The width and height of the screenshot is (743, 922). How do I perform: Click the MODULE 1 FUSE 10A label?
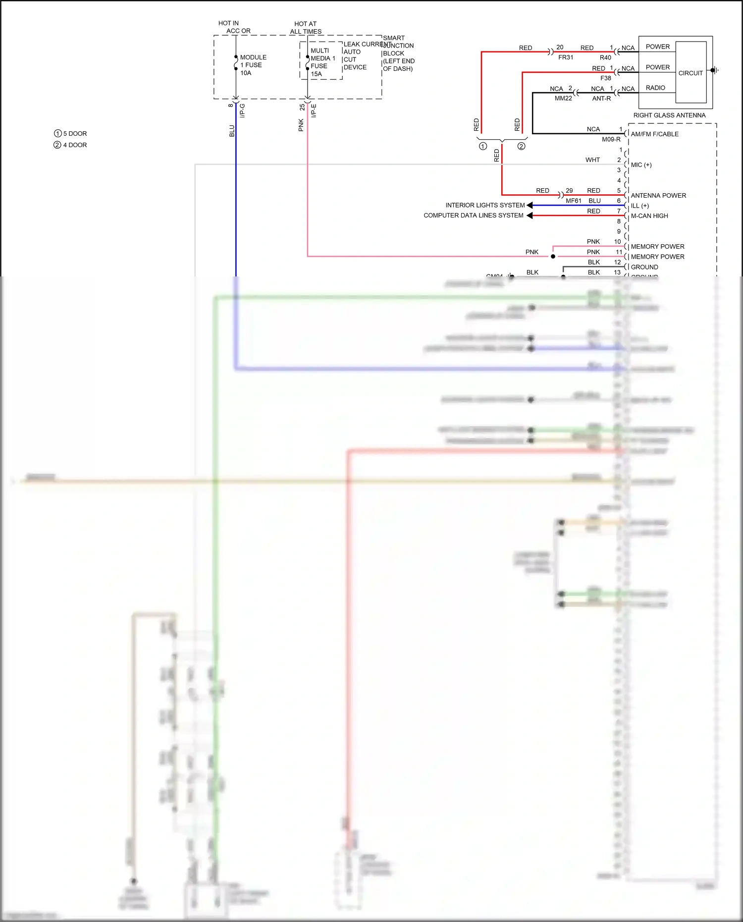pos(253,65)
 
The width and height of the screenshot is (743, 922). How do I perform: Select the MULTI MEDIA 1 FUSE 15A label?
pos(322,62)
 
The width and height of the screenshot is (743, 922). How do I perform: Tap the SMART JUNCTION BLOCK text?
pos(398,53)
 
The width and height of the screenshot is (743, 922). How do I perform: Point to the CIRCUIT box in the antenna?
pos(690,73)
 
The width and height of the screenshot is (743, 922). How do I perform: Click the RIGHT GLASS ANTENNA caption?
pos(669,115)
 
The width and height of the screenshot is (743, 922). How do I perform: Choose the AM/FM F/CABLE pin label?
pos(654,134)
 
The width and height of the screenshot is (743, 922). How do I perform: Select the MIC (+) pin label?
pos(641,165)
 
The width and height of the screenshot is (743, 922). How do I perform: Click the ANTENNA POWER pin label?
pos(658,196)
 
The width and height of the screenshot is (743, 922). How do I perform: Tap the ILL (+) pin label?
pos(639,206)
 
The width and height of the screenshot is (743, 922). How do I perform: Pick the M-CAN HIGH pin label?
pos(649,216)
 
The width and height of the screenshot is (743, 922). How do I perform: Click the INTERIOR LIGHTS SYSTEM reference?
pos(485,205)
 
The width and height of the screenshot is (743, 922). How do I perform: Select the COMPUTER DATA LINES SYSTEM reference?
pos(473,216)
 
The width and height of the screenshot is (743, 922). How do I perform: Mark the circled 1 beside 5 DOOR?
pos(57,134)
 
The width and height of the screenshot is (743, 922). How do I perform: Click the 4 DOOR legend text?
pos(75,145)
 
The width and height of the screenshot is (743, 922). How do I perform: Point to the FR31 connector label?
pos(566,57)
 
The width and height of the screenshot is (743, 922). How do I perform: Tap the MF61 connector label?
pos(574,201)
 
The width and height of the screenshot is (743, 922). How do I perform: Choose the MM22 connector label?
pos(563,99)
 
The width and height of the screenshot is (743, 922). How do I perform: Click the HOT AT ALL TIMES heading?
pos(306,28)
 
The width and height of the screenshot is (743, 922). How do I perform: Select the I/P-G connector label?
pos(242,110)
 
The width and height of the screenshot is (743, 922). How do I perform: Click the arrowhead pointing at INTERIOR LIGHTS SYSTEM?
pos(530,205)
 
